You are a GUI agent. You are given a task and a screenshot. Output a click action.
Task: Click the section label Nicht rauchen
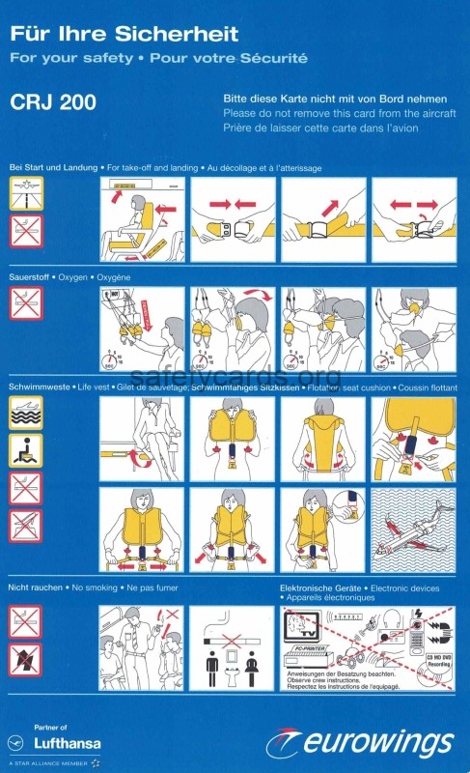tap(40, 587)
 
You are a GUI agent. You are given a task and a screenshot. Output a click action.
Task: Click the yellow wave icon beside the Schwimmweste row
tap(26, 413)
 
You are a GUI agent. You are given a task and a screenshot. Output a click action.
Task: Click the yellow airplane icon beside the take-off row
tap(26, 191)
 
